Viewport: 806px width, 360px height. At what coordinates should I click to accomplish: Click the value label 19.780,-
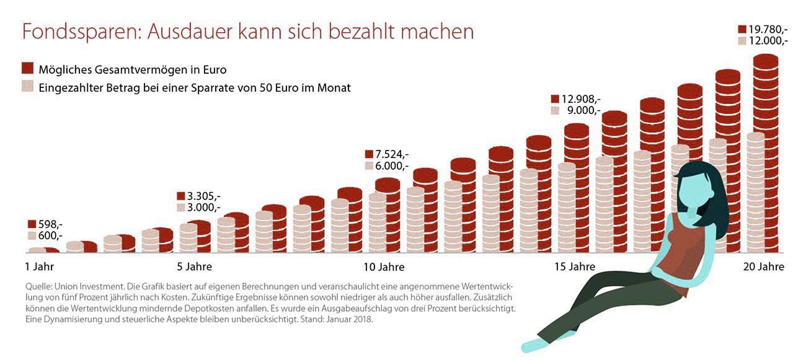pyautogui.click(x=768, y=29)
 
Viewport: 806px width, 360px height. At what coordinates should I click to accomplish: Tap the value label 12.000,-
pyautogui.click(x=768, y=41)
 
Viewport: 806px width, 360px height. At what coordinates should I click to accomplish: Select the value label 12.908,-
pyautogui.click(x=581, y=99)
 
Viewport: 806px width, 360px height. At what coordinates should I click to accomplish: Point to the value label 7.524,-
pyautogui.click(x=392, y=154)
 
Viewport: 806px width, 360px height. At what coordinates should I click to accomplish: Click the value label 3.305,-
pyautogui.click(x=203, y=195)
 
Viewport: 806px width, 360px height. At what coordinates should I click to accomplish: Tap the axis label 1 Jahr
pyautogui.click(x=39, y=267)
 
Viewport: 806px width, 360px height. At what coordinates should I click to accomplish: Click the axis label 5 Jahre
pyautogui.click(x=195, y=267)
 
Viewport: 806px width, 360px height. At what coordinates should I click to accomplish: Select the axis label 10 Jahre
pyautogui.click(x=384, y=267)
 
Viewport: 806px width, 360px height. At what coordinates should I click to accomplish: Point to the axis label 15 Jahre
pyautogui.click(x=574, y=267)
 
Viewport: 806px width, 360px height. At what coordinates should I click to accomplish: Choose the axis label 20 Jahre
pyautogui.click(x=764, y=267)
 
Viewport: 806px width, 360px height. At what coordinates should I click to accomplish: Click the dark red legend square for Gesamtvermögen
pyautogui.click(x=27, y=69)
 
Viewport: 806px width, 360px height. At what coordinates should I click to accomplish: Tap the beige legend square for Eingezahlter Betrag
pyautogui.click(x=27, y=87)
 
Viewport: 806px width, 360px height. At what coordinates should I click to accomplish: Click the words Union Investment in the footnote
pyautogui.click(x=88, y=287)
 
